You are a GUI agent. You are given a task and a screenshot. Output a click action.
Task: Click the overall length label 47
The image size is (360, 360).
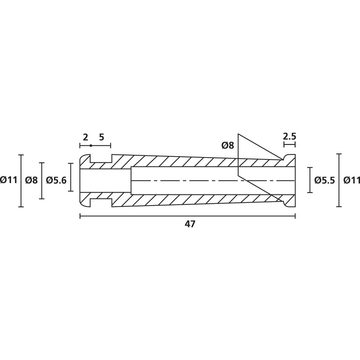coord(190,224)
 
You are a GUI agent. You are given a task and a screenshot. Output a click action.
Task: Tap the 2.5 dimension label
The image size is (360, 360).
coord(289,137)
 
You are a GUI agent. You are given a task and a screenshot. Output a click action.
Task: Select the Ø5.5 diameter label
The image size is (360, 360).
coord(324,180)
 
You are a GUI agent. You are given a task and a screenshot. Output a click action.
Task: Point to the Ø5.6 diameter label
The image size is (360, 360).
coord(56,180)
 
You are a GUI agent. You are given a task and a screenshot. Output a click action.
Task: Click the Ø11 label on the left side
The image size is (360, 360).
coord(9,180)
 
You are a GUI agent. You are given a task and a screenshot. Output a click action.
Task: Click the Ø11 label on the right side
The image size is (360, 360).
coord(352,180)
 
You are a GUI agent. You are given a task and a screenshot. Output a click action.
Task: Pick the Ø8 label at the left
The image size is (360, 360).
coord(31,180)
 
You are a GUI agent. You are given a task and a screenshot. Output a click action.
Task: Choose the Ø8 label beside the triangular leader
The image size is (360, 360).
coord(228,145)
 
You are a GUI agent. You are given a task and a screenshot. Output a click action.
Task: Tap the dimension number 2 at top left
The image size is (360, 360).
coord(85,137)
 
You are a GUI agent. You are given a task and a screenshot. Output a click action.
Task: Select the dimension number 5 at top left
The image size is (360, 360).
coord(102,137)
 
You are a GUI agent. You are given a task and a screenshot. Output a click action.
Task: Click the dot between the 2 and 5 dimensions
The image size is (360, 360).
coord(91,145)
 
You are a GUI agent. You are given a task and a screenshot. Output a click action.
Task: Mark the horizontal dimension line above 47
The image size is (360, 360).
coord(187,216)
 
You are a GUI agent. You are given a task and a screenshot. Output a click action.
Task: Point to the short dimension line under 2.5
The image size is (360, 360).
coord(289,144)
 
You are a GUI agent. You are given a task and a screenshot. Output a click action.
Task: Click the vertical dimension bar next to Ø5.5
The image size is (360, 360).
coord(310,180)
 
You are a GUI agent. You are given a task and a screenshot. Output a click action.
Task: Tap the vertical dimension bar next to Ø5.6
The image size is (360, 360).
coord(71,177)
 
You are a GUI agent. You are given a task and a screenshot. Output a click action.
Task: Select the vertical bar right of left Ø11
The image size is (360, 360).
coord(21,181)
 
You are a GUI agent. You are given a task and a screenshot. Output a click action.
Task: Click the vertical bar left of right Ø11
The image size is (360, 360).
coord(339,180)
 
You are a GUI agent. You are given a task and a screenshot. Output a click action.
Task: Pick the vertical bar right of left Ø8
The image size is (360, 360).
coord(41,181)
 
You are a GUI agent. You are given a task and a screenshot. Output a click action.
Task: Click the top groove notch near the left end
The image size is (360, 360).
coord(101,159)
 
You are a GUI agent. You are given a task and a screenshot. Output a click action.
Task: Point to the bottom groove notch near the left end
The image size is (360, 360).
coord(101,203)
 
